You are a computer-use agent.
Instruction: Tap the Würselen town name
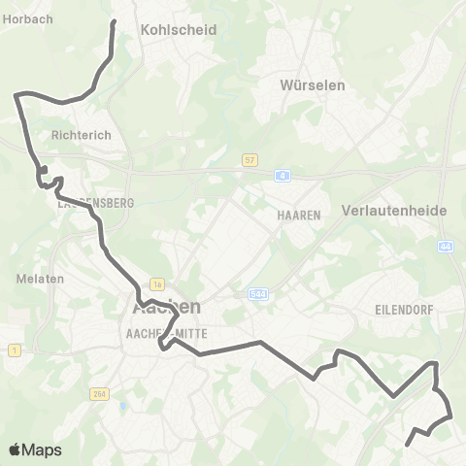(313, 84)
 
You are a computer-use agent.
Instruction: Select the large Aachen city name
(166, 307)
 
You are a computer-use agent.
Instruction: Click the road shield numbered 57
(250, 159)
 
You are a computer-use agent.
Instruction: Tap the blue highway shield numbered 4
(283, 176)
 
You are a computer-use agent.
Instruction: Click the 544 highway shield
(257, 292)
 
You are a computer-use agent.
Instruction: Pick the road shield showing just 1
(15, 349)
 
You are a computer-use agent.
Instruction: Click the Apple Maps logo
(35, 450)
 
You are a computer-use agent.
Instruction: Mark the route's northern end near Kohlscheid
(114, 21)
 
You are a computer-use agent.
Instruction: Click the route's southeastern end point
(406, 445)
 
